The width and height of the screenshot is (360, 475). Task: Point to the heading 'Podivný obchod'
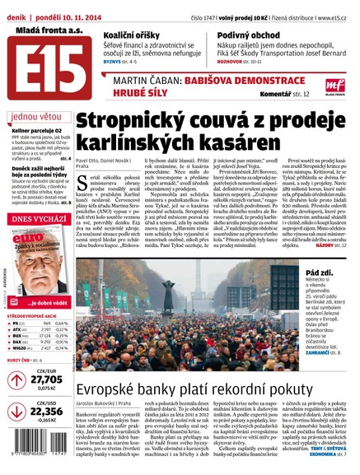pos(252,36)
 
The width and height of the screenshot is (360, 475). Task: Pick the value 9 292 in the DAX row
pos(48,342)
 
